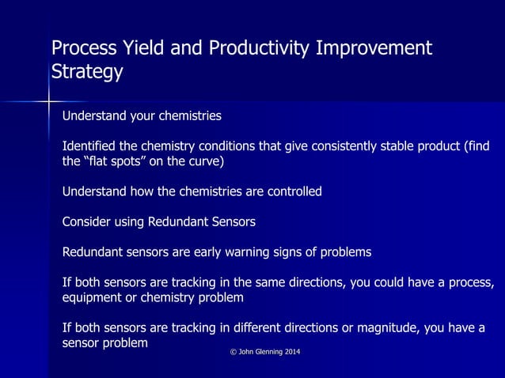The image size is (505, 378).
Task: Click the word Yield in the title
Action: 142,48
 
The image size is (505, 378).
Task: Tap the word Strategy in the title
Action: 87,72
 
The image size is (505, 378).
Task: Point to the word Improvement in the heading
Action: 374,48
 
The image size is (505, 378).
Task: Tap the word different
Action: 279,328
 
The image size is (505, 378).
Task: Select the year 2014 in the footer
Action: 291,351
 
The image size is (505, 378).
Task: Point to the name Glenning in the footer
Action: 266,351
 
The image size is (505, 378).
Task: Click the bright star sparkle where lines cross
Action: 48,101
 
